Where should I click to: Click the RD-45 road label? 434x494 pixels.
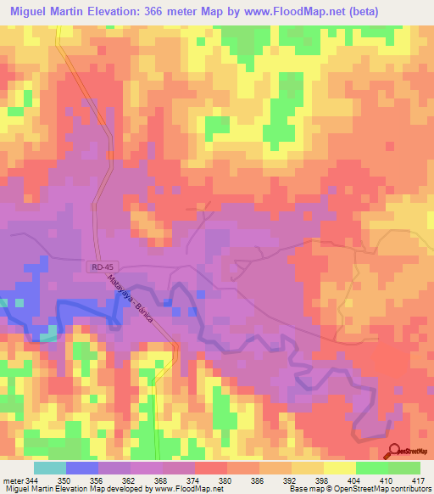(x=99, y=267)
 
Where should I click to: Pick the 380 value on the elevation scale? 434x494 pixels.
(x=225, y=480)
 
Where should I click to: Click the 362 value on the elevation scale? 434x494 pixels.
(x=130, y=480)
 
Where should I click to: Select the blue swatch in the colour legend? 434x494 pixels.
(x=81, y=468)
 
